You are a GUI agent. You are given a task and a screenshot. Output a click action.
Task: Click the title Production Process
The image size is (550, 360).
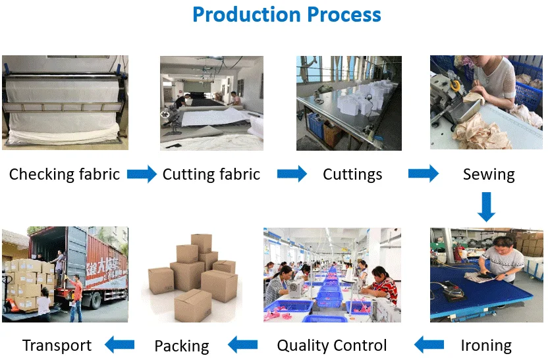click(287, 14)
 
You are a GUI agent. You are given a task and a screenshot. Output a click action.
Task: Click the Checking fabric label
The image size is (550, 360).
click(65, 174)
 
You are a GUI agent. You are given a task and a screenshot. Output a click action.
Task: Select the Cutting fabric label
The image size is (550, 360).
click(211, 174)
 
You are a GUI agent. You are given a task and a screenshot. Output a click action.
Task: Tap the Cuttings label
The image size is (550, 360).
click(352, 174)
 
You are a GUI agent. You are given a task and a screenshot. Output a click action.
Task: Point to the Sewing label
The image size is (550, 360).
click(488, 174)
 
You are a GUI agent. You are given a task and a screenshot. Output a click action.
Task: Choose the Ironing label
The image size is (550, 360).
click(486, 345)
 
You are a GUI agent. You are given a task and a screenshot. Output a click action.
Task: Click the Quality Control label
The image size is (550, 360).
click(332, 345)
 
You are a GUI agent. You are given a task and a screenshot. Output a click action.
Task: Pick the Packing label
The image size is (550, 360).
click(181, 346)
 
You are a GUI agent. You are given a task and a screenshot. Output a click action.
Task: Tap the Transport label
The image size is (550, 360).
click(57, 345)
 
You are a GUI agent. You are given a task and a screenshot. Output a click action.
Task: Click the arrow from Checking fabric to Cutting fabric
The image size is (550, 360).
click(142, 174)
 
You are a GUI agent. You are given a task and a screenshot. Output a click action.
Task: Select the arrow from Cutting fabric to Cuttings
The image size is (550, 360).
click(292, 174)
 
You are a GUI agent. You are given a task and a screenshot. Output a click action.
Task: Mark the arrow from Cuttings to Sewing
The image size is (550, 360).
click(424, 174)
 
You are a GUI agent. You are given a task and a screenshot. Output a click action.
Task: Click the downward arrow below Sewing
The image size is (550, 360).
click(486, 206)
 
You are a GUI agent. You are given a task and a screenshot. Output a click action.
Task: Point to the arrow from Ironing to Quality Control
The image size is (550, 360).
click(429, 344)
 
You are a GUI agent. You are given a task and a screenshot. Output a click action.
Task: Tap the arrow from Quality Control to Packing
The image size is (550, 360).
click(242, 344)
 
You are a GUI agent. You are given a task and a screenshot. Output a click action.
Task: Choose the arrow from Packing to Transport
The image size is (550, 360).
click(120, 344)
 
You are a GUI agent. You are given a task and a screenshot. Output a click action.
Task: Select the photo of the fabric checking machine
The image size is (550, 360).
click(65, 102)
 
